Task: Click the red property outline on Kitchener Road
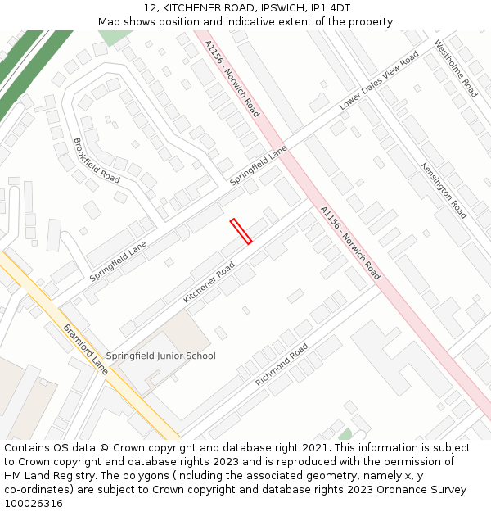coord(241,231)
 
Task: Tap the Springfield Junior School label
coord(161,356)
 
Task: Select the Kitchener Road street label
coord(209,283)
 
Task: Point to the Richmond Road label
coord(281,365)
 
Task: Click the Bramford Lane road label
coord(85,344)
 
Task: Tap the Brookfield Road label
coord(97,161)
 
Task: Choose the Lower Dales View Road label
coord(379,80)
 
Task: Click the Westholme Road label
coord(456,69)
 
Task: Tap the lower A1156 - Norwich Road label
coord(350,243)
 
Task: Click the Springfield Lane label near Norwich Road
coord(259,165)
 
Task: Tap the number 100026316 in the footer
coord(33,504)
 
